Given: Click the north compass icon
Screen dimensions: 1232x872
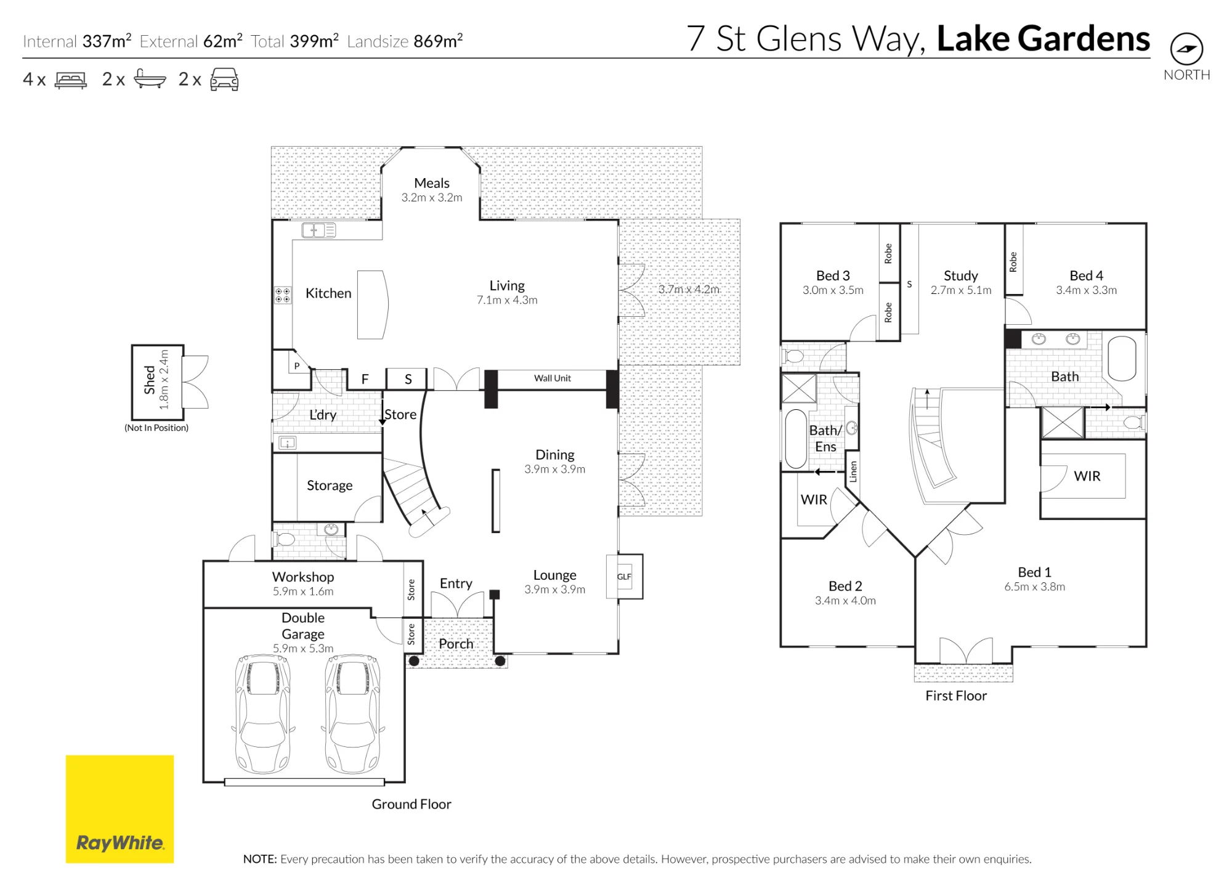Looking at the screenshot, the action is (1186, 49).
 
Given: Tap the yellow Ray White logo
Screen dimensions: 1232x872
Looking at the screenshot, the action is (120, 809).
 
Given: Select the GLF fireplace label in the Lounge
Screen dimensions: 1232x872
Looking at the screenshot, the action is (624, 577).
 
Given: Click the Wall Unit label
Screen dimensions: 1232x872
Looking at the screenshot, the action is (553, 378).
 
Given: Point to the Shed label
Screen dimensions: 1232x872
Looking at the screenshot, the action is (150, 380).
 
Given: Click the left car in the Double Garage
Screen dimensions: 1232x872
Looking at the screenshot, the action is (263, 714).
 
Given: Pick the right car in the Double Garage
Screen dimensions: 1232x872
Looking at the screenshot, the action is (353, 714).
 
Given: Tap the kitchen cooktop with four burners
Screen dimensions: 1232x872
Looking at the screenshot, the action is (283, 295).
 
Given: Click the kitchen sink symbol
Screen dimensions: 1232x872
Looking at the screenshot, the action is (318, 230).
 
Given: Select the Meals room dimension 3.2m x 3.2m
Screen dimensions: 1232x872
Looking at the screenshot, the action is (432, 198).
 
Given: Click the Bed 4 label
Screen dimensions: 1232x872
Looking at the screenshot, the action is (1086, 275).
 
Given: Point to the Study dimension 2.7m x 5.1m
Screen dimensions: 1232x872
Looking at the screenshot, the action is (961, 290).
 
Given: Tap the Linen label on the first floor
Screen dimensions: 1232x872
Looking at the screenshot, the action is (853, 471).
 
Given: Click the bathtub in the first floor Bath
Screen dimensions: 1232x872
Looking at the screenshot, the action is (1122, 358).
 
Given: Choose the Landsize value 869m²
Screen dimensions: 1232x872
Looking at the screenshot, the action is (438, 41).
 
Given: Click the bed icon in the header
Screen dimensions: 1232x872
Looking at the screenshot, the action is (71, 80).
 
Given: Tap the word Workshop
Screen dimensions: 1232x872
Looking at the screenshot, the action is (303, 577).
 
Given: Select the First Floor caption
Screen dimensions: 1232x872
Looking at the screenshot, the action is (956, 696).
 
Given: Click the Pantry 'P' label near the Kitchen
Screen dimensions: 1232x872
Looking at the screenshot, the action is (297, 366).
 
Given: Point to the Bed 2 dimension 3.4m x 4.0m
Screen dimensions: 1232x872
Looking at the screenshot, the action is (845, 601).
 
